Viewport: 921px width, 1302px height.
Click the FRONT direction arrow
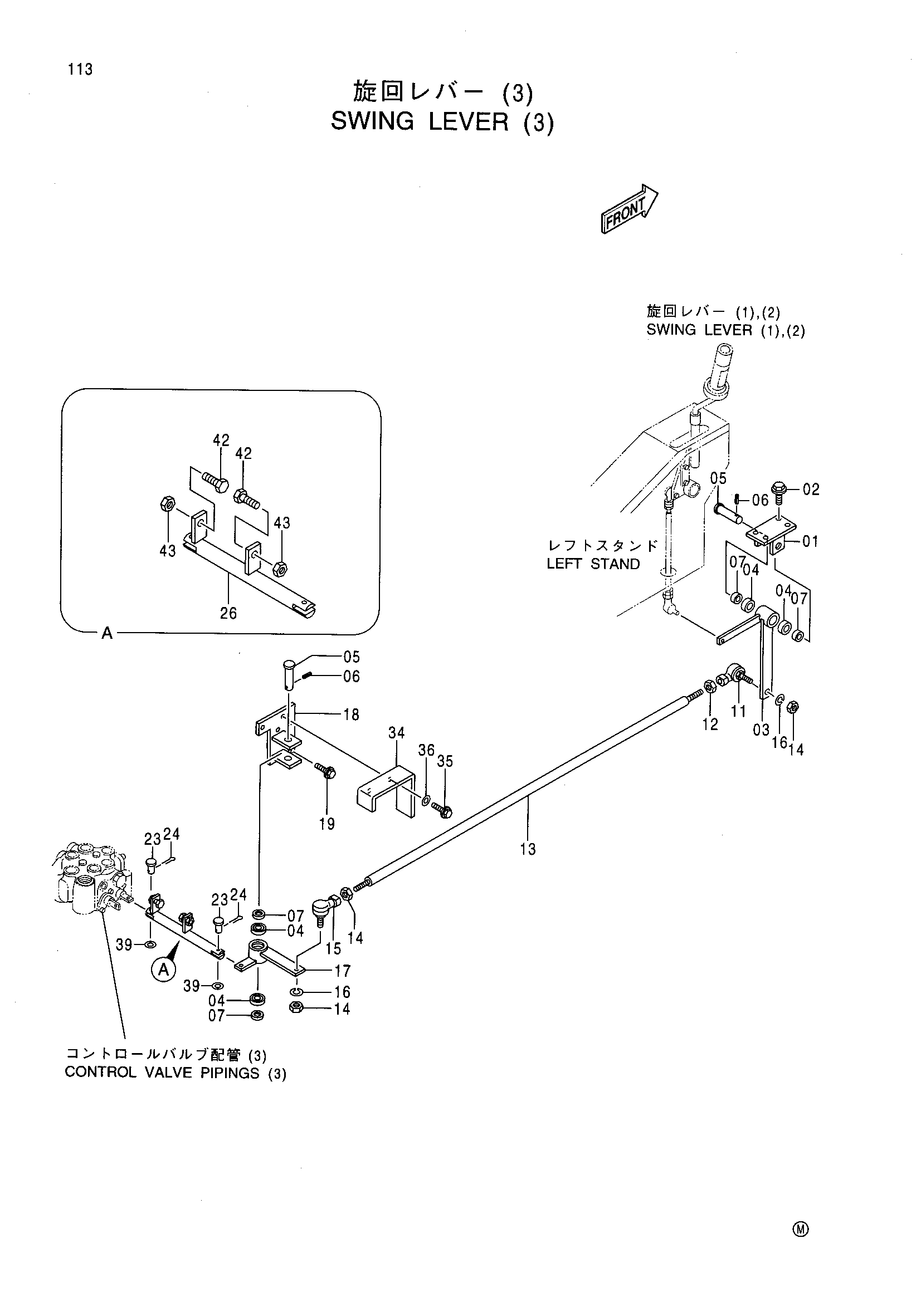[628, 209]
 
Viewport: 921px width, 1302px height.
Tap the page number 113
[80, 70]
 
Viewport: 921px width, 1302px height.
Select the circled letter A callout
[163, 969]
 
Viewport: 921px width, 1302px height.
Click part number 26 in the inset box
[228, 613]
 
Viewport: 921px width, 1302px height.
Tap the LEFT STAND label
[593, 564]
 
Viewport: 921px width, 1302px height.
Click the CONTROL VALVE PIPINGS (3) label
[176, 1074]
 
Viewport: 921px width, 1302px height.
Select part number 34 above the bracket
[397, 733]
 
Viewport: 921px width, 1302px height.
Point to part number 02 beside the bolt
[811, 490]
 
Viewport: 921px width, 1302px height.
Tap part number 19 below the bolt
[327, 824]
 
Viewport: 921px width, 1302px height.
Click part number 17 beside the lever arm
[342, 971]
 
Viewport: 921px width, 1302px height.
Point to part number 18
[351, 715]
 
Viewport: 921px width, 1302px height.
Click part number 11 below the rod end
[738, 711]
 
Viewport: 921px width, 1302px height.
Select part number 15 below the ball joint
[333, 948]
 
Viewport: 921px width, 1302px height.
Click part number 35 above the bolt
[446, 761]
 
